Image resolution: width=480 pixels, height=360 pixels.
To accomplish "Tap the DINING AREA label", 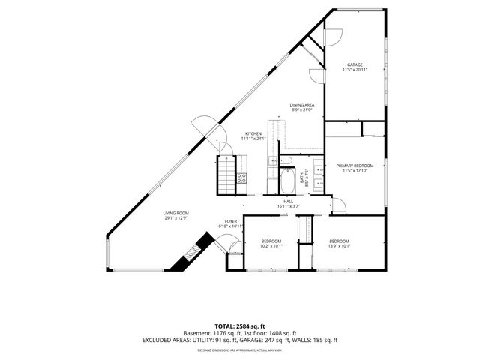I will pyautogui.click(x=302, y=104).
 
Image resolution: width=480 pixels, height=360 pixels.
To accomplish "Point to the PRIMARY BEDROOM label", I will pyautogui.click(x=355, y=166).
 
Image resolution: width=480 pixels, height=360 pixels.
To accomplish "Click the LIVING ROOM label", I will pyautogui.click(x=176, y=213).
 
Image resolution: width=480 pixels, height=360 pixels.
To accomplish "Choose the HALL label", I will pyautogui.click(x=288, y=201).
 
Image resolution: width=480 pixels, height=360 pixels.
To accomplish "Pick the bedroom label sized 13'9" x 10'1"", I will pyautogui.click(x=340, y=241).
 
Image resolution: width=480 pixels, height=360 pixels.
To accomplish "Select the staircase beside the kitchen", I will pyautogui.click(x=226, y=178).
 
